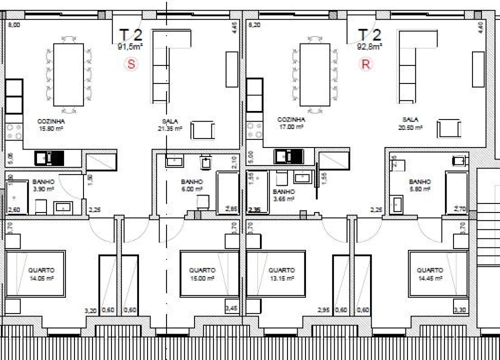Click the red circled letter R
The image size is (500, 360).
click(366, 64)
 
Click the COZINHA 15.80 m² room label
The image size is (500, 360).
click(51, 124)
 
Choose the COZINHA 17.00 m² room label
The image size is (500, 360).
click(291, 123)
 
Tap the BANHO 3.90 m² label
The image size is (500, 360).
click(43, 186)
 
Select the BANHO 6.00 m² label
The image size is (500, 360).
click(192, 185)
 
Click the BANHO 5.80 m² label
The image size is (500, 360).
click(419, 185)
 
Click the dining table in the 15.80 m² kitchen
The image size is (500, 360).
click(68, 74)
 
